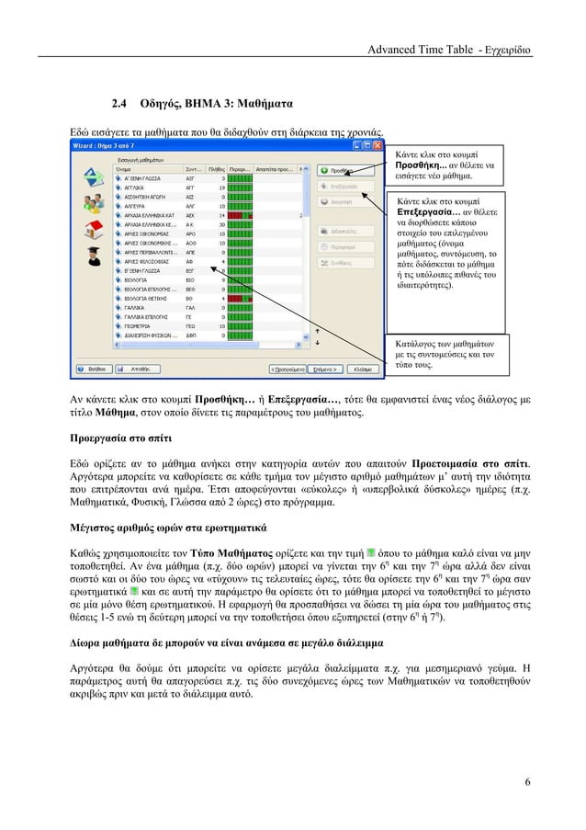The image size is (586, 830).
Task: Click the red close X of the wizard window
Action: coord(379,146)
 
